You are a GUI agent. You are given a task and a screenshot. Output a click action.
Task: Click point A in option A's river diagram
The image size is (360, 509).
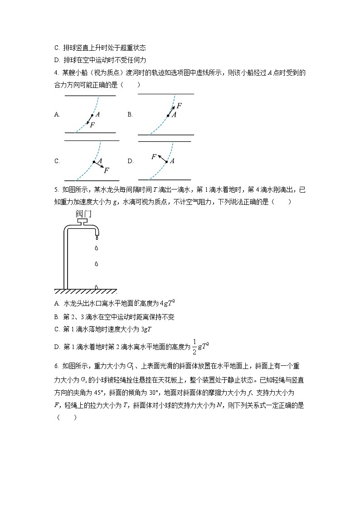pos(92,116)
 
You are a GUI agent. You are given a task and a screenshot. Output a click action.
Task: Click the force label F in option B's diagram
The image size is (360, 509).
pos(179,106)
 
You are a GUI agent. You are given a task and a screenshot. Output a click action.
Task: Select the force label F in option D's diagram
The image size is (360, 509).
pos(154,156)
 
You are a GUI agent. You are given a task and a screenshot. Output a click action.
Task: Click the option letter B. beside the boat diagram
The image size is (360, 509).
pos(130,115)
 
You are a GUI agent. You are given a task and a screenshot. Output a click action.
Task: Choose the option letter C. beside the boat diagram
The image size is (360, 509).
pos(57,161)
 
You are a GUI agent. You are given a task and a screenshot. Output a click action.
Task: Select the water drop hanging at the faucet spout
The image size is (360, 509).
pos(96,236)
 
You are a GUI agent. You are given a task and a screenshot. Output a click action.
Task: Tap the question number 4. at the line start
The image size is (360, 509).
pos(56,73)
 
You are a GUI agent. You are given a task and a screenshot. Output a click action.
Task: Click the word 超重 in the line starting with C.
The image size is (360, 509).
pos(118,47)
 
